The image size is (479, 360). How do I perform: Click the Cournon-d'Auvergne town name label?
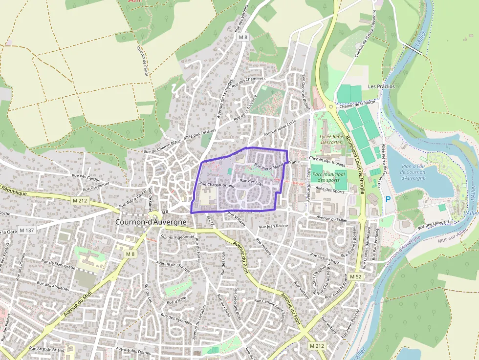151,221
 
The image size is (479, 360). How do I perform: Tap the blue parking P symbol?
388,199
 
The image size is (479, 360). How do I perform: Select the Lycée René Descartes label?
331,139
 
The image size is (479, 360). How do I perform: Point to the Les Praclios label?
381,86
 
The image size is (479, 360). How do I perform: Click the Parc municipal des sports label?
328,177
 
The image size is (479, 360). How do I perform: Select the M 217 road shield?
211,221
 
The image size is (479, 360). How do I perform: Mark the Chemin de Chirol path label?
143,61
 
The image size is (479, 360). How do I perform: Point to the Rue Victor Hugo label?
324,257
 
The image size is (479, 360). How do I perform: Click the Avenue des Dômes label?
133,351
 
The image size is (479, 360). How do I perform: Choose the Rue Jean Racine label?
273,227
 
